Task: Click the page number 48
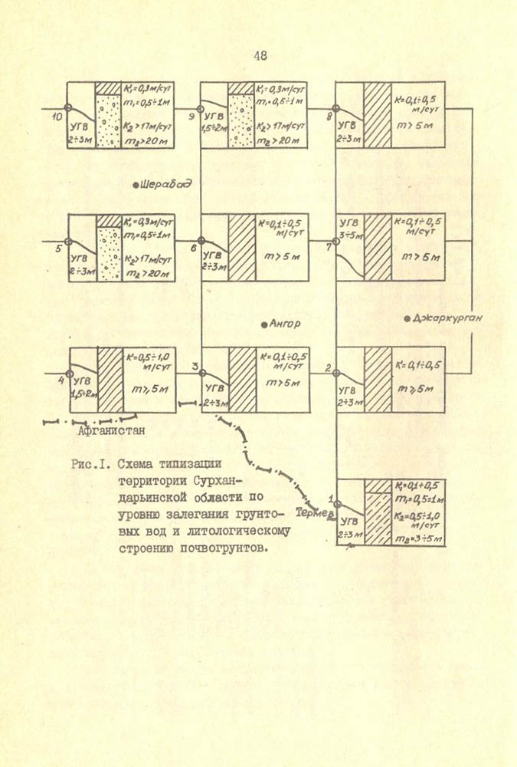[x=259, y=55]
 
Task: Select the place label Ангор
[x=284, y=324]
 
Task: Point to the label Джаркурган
[x=444, y=317]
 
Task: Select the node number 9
[x=192, y=116]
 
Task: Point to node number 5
[x=58, y=248]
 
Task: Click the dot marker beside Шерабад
[x=136, y=185]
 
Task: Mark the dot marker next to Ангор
[x=263, y=324]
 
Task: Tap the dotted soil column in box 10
[x=108, y=121]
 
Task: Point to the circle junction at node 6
[x=201, y=241]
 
